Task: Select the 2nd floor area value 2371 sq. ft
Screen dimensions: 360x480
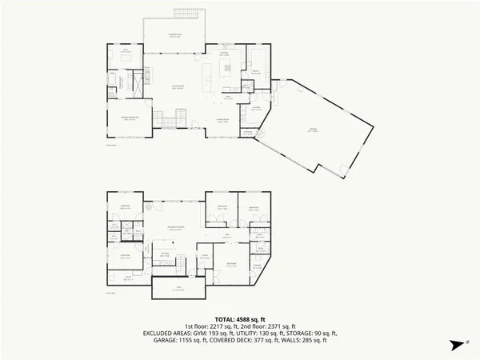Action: click(277, 326)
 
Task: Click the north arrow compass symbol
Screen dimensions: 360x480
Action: click(458, 345)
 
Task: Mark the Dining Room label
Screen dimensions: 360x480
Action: click(225, 120)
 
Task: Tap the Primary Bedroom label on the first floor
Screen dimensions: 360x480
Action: click(126, 118)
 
